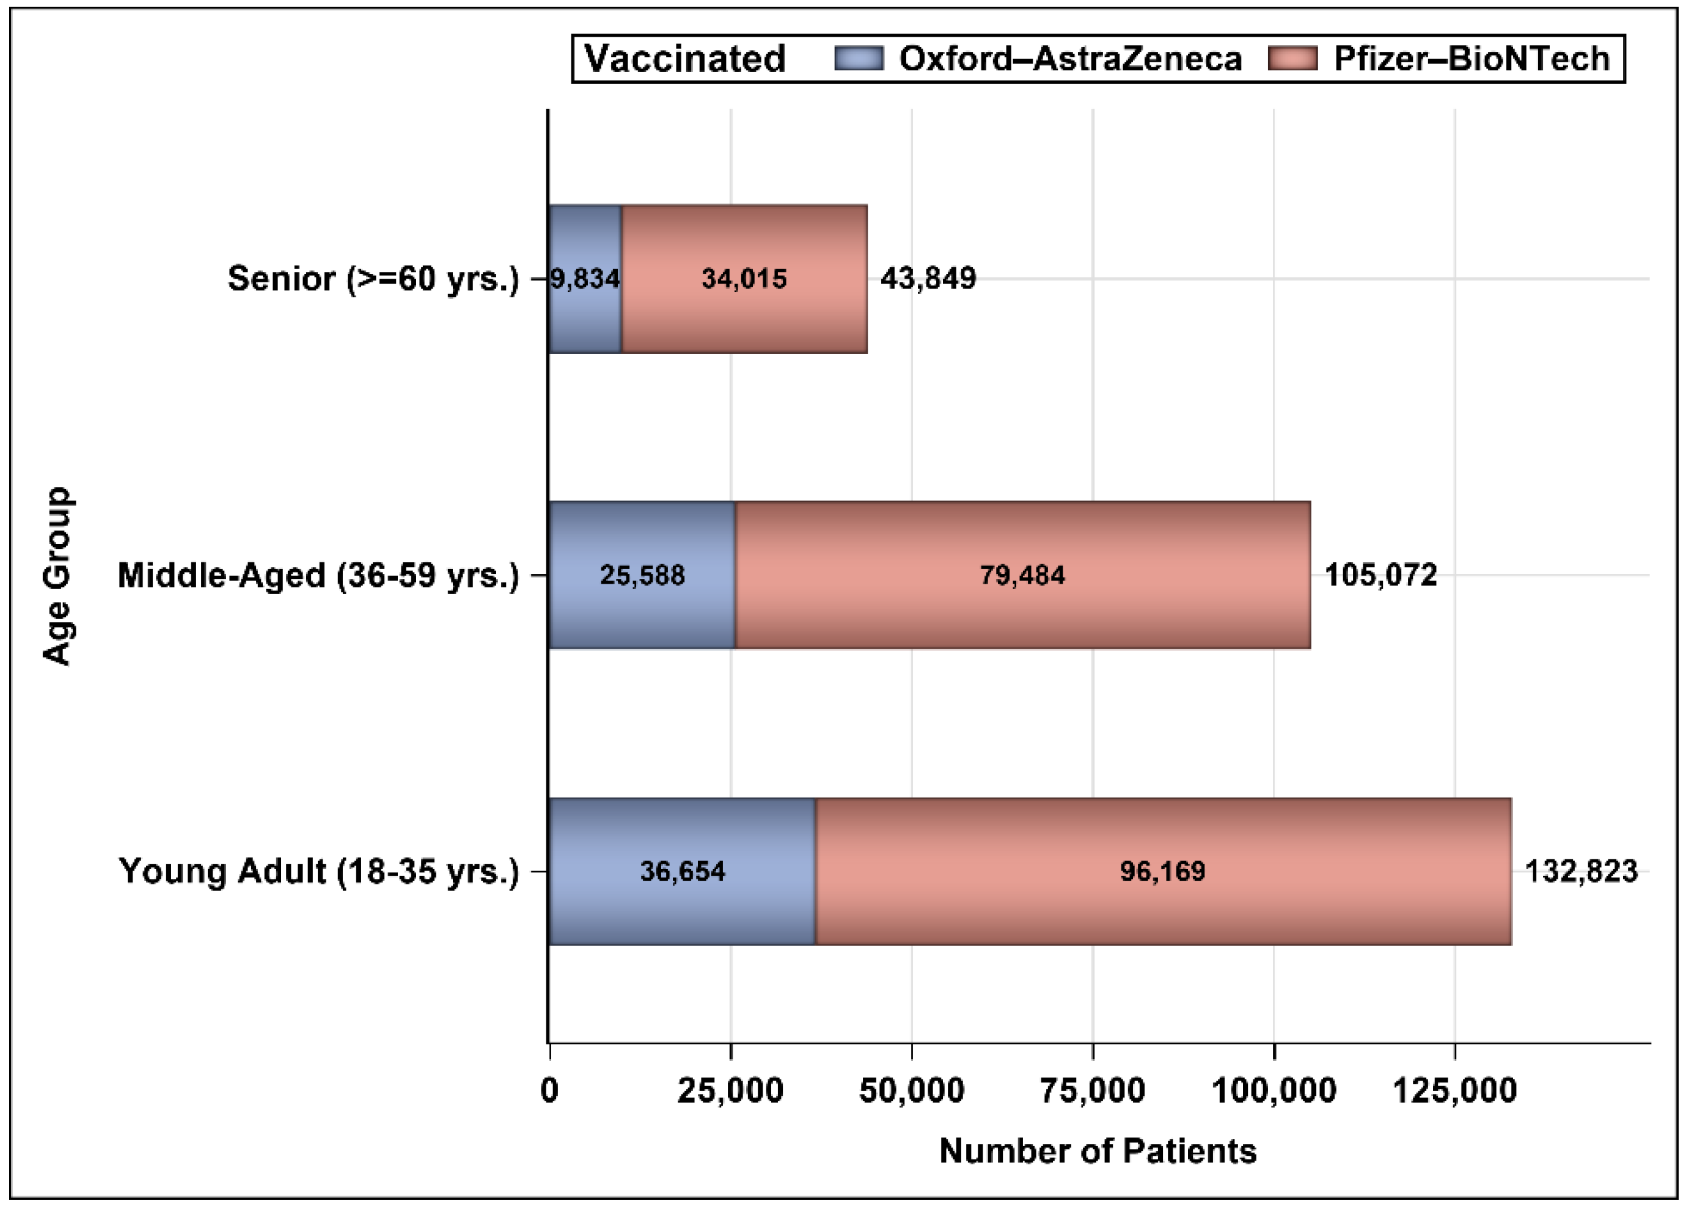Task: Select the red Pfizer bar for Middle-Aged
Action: [1022, 610]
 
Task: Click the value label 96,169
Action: [1163, 871]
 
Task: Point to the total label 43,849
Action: [928, 279]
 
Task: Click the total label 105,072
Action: [1380, 575]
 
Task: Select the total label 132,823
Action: [1581, 871]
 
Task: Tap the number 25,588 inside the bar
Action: [642, 575]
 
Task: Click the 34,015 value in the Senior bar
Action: [744, 279]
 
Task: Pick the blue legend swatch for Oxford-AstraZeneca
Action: [859, 58]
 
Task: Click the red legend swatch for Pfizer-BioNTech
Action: [1292, 58]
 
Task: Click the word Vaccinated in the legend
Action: [684, 58]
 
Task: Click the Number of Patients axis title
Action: [1098, 1151]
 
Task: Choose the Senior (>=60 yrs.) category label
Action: [373, 279]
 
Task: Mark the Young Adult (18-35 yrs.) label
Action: [319, 871]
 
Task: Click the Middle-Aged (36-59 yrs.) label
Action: [318, 575]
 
